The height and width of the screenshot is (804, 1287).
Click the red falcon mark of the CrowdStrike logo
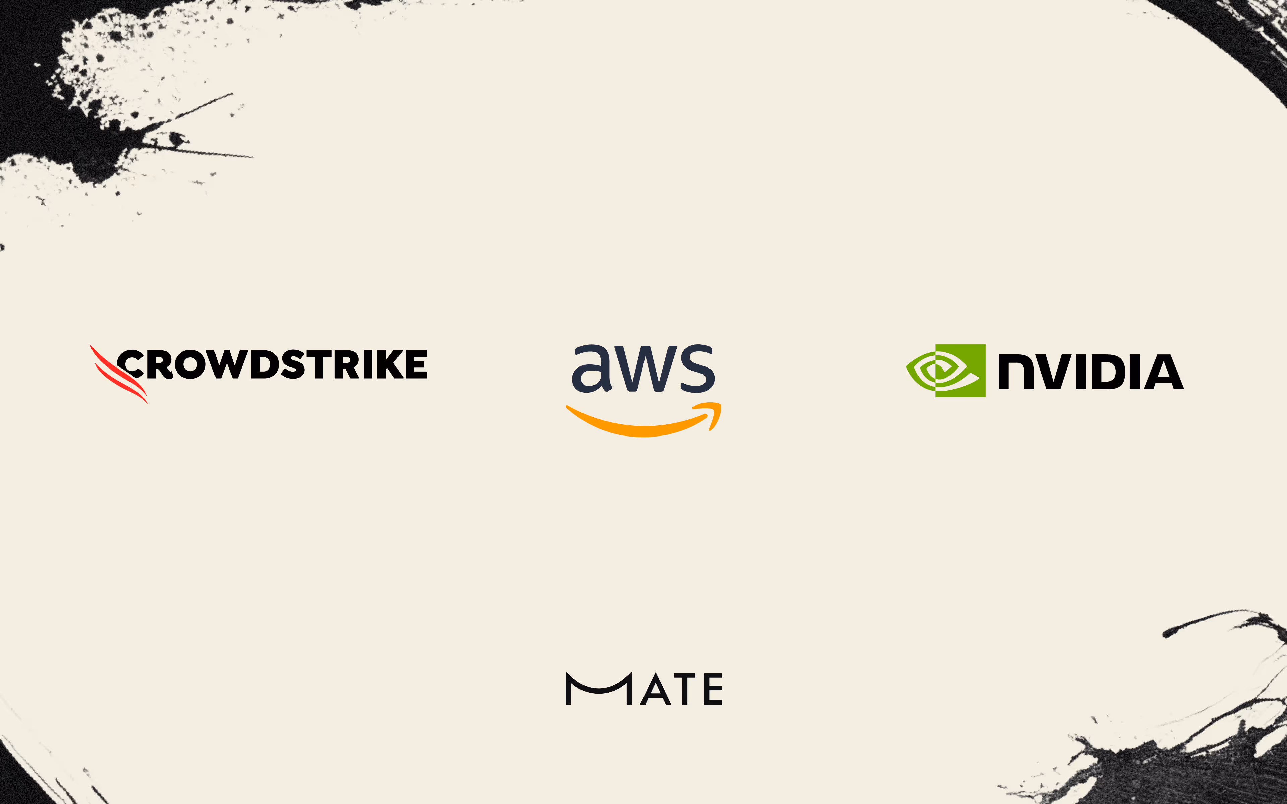tap(118, 375)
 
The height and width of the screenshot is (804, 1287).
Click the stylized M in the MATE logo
tap(598, 689)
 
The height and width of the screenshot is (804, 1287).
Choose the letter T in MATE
tap(684, 689)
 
